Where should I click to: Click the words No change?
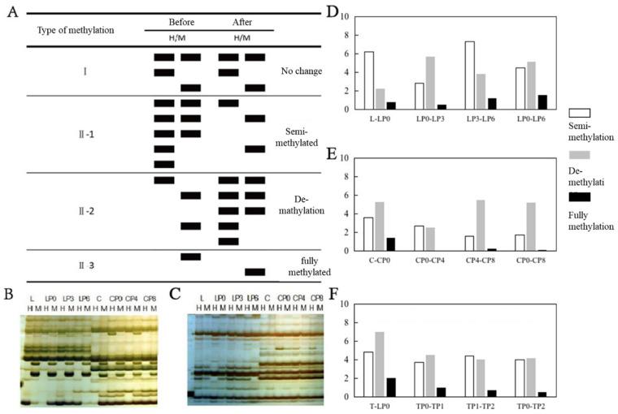300,71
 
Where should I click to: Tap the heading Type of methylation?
76,30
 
